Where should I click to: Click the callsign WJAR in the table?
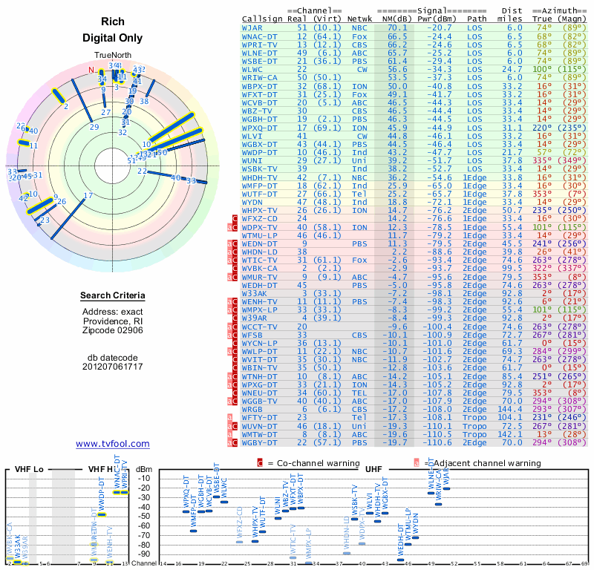[252, 27]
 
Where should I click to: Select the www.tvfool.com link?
[112, 444]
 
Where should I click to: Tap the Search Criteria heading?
[113, 296]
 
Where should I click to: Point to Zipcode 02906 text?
[112, 330]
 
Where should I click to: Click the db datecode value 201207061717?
[113, 367]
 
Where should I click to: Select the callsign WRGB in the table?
[252, 409]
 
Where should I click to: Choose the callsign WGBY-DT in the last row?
[261, 442]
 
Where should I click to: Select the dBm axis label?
[145, 469]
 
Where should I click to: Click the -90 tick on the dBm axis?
[144, 554]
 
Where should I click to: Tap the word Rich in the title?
[112, 22]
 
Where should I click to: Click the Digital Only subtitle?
[112, 37]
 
